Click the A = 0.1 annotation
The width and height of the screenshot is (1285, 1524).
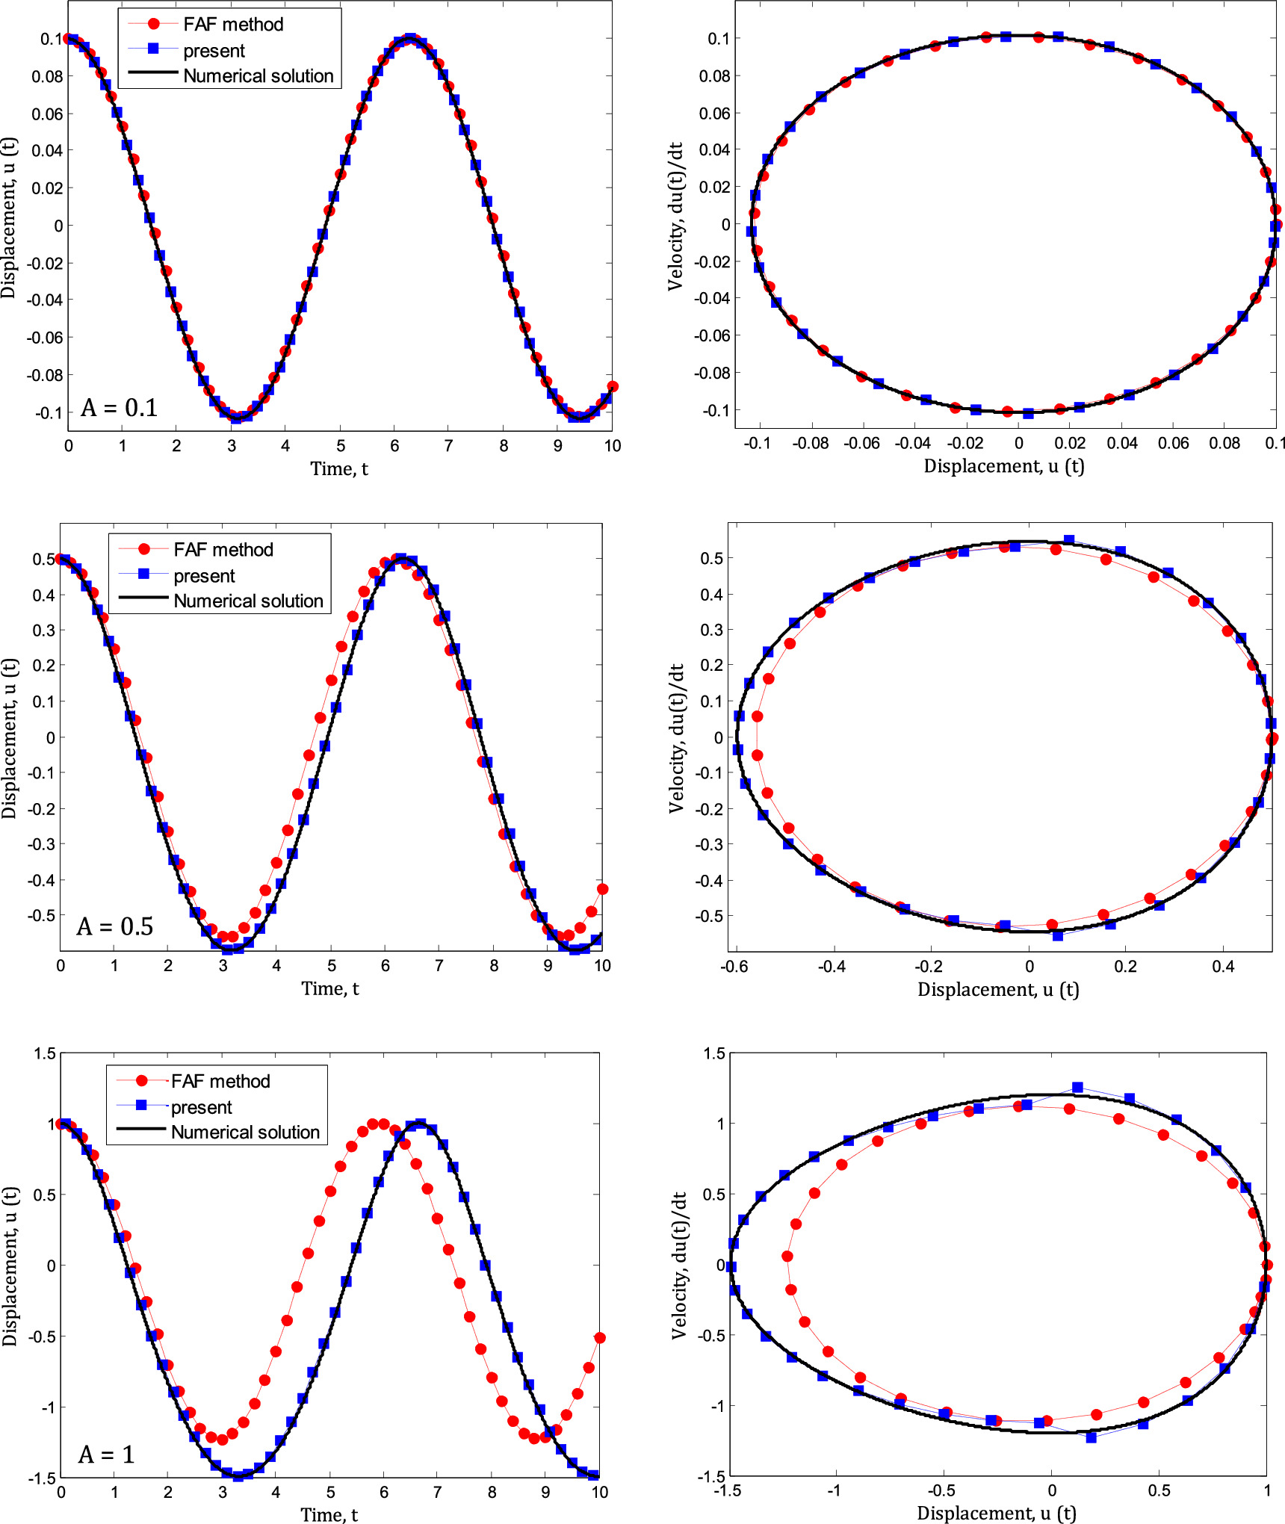coord(120,408)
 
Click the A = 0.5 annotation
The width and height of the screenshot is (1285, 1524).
coord(115,926)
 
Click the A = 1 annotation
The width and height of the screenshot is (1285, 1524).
coord(106,1455)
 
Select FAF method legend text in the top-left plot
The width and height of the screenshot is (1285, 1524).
coord(233,25)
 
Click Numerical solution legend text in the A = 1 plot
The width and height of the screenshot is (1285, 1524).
coord(245,1132)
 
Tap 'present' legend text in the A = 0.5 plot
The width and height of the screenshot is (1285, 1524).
coord(204,576)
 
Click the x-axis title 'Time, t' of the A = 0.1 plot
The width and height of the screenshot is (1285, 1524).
coord(339,469)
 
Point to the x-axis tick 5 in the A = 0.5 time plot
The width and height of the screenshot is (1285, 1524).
coord(331,965)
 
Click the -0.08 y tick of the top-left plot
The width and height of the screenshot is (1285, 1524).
coord(45,375)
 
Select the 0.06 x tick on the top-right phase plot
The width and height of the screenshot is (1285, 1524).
coord(1173,443)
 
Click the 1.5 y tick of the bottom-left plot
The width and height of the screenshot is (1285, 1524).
coord(45,1054)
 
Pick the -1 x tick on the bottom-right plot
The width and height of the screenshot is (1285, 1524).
coord(834,1490)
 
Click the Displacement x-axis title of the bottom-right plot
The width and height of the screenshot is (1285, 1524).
coord(997,1513)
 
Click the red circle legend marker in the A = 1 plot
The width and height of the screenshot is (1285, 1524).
coord(142,1080)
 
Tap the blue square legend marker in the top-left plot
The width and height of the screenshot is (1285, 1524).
coord(154,49)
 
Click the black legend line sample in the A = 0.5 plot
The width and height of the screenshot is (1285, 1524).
coord(143,598)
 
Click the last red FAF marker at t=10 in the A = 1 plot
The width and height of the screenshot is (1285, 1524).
coord(599,1337)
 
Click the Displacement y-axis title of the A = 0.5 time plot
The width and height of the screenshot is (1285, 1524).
coord(9,738)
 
